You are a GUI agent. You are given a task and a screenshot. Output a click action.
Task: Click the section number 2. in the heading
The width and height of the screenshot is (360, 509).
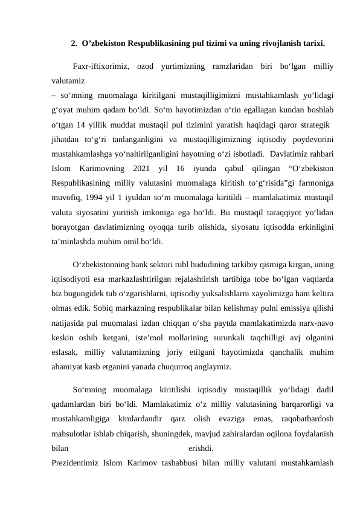74,44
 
